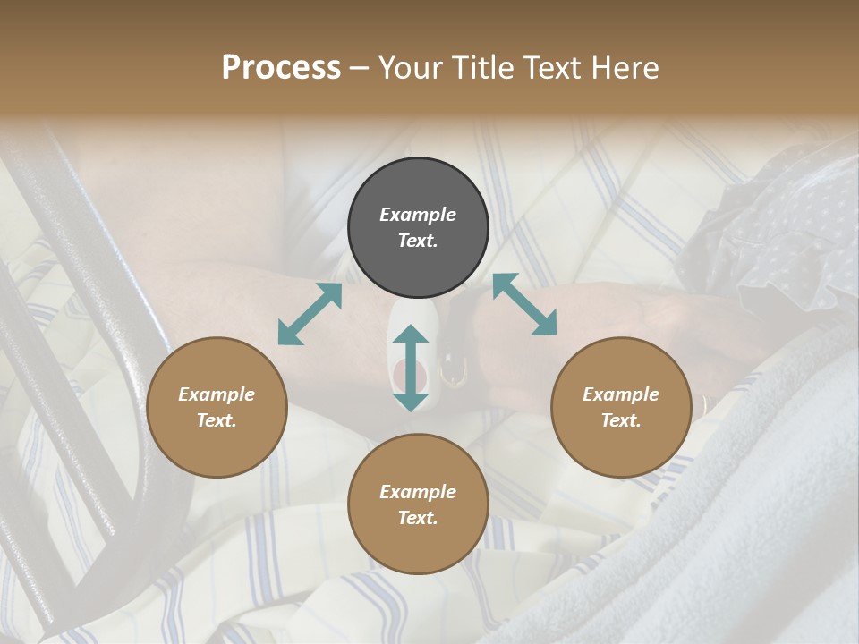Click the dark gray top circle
418,228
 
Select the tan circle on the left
217,407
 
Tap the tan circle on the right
621,407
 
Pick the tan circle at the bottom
418,504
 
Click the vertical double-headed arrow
411,368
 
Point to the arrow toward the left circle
310,314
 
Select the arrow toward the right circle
524,304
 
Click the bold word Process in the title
281,68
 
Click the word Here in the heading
625,68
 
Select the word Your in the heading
409,68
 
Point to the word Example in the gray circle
418,215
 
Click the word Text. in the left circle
217,420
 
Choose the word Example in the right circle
621,394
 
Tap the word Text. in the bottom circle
418,518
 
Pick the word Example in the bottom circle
418,492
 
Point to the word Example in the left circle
217,394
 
